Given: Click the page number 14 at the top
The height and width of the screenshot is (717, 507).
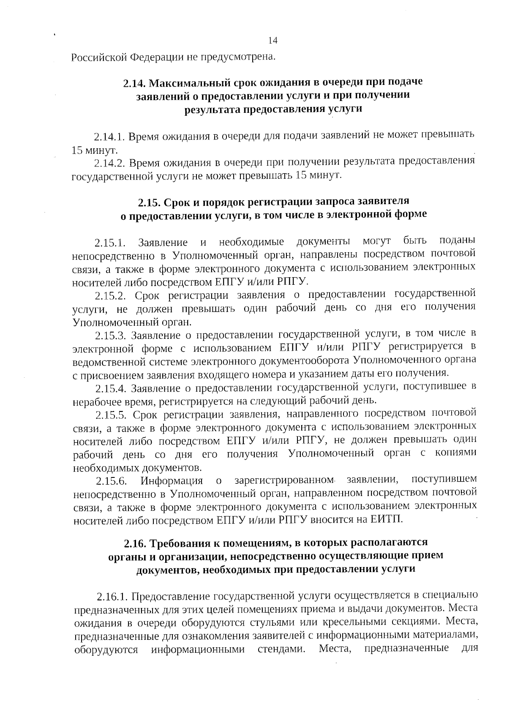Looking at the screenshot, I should click(x=273, y=41).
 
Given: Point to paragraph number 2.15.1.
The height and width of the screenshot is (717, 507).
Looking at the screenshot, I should click(x=110, y=243).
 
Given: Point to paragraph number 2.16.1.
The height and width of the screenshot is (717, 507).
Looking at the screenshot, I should click(x=112, y=597).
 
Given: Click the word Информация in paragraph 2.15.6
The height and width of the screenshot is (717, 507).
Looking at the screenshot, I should click(x=172, y=481).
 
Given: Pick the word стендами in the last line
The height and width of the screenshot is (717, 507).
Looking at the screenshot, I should click(x=281, y=649).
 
